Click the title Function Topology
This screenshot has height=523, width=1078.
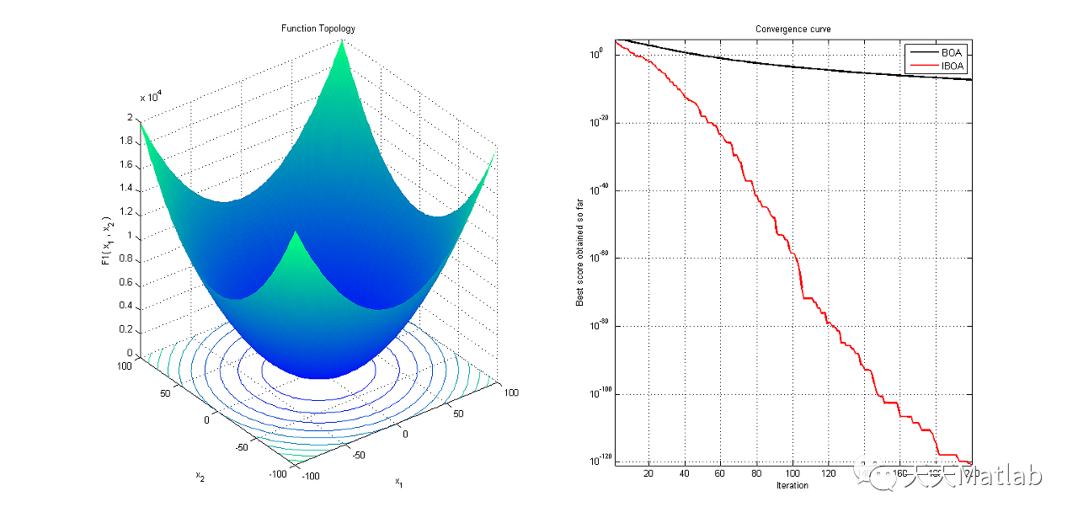(x=318, y=29)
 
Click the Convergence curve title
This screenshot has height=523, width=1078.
(x=792, y=29)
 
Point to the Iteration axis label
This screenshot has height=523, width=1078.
(x=792, y=485)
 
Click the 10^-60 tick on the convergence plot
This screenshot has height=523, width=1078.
(x=601, y=257)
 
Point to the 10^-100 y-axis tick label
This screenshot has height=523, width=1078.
(x=600, y=393)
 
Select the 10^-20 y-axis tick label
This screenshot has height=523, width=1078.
(x=601, y=121)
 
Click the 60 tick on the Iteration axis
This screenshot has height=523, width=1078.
(x=719, y=473)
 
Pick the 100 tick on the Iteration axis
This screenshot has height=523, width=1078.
(x=792, y=473)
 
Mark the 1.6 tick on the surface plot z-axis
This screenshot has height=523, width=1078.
(x=127, y=165)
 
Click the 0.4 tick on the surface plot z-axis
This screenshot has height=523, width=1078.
(x=127, y=307)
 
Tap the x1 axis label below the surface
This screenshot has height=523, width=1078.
(x=398, y=483)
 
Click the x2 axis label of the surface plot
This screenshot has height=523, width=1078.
(x=200, y=477)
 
